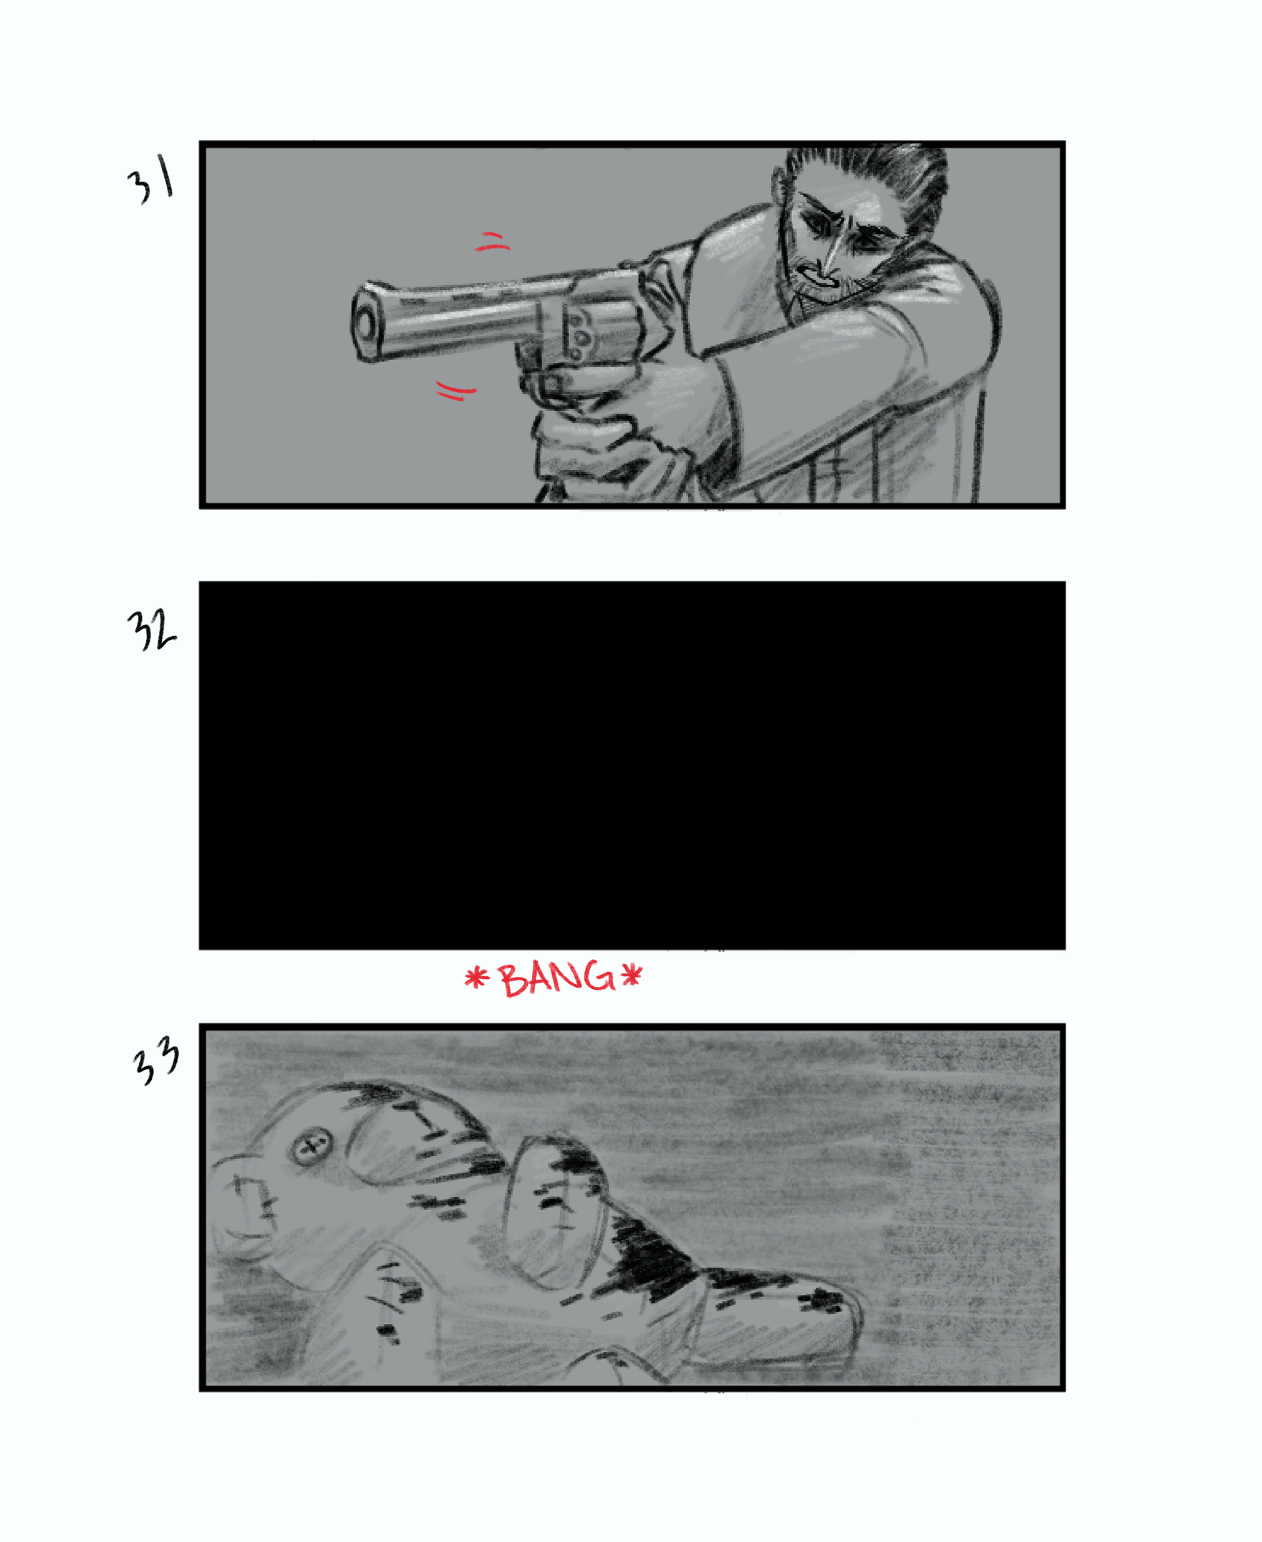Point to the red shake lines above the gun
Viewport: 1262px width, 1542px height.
(x=492, y=242)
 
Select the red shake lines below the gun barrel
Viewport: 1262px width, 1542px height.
(x=456, y=390)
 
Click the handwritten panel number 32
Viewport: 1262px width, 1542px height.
(x=151, y=629)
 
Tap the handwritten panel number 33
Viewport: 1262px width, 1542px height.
(x=156, y=1061)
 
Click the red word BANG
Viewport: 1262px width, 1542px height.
(x=557, y=978)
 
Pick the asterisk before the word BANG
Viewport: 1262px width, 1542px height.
(x=476, y=978)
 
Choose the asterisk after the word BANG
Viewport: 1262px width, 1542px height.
(x=631, y=976)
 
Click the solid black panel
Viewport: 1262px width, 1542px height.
(x=632, y=765)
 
